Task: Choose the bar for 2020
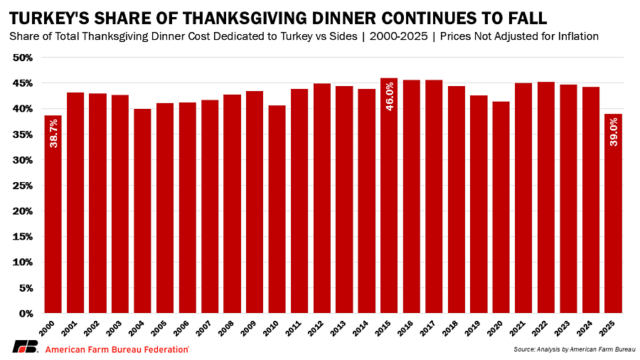(501, 210)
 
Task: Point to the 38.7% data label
(53, 133)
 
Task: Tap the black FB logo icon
(24, 348)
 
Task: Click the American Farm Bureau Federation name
(117, 349)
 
